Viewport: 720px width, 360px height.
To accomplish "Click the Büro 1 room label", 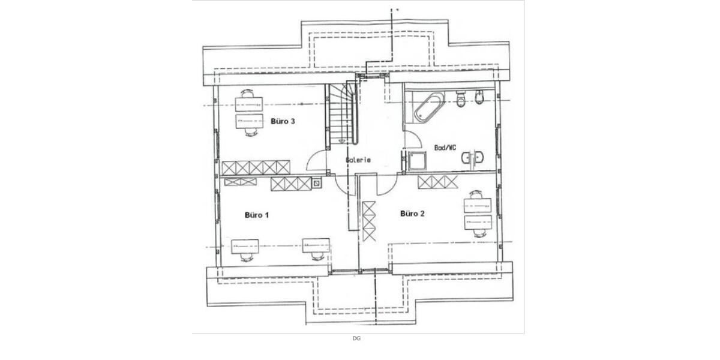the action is (257, 215).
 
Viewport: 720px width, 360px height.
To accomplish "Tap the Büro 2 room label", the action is (412, 214).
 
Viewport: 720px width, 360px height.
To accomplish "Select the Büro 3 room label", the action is (283, 121).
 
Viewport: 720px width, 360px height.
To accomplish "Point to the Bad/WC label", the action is (445, 148).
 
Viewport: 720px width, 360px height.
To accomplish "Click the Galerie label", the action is (358, 160).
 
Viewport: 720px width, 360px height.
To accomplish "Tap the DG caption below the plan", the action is (356, 338).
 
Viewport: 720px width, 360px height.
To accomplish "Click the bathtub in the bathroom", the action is (429, 107).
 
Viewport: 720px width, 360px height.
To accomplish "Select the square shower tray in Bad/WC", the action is (417, 161).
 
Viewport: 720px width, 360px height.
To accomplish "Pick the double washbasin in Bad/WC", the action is (473, 157).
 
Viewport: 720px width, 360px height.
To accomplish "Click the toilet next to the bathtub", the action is (461, 98).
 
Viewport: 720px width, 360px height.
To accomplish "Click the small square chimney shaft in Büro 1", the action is (317, 183).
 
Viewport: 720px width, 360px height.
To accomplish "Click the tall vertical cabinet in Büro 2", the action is (368, 221).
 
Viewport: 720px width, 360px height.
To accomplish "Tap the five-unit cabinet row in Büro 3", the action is (256, 167).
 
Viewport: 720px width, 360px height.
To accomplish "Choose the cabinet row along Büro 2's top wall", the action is (437, 182).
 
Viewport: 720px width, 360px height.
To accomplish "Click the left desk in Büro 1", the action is (245, 246).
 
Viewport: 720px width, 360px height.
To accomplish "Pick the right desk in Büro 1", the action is (316, 245).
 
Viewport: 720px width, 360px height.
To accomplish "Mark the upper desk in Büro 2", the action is (478, 205).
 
